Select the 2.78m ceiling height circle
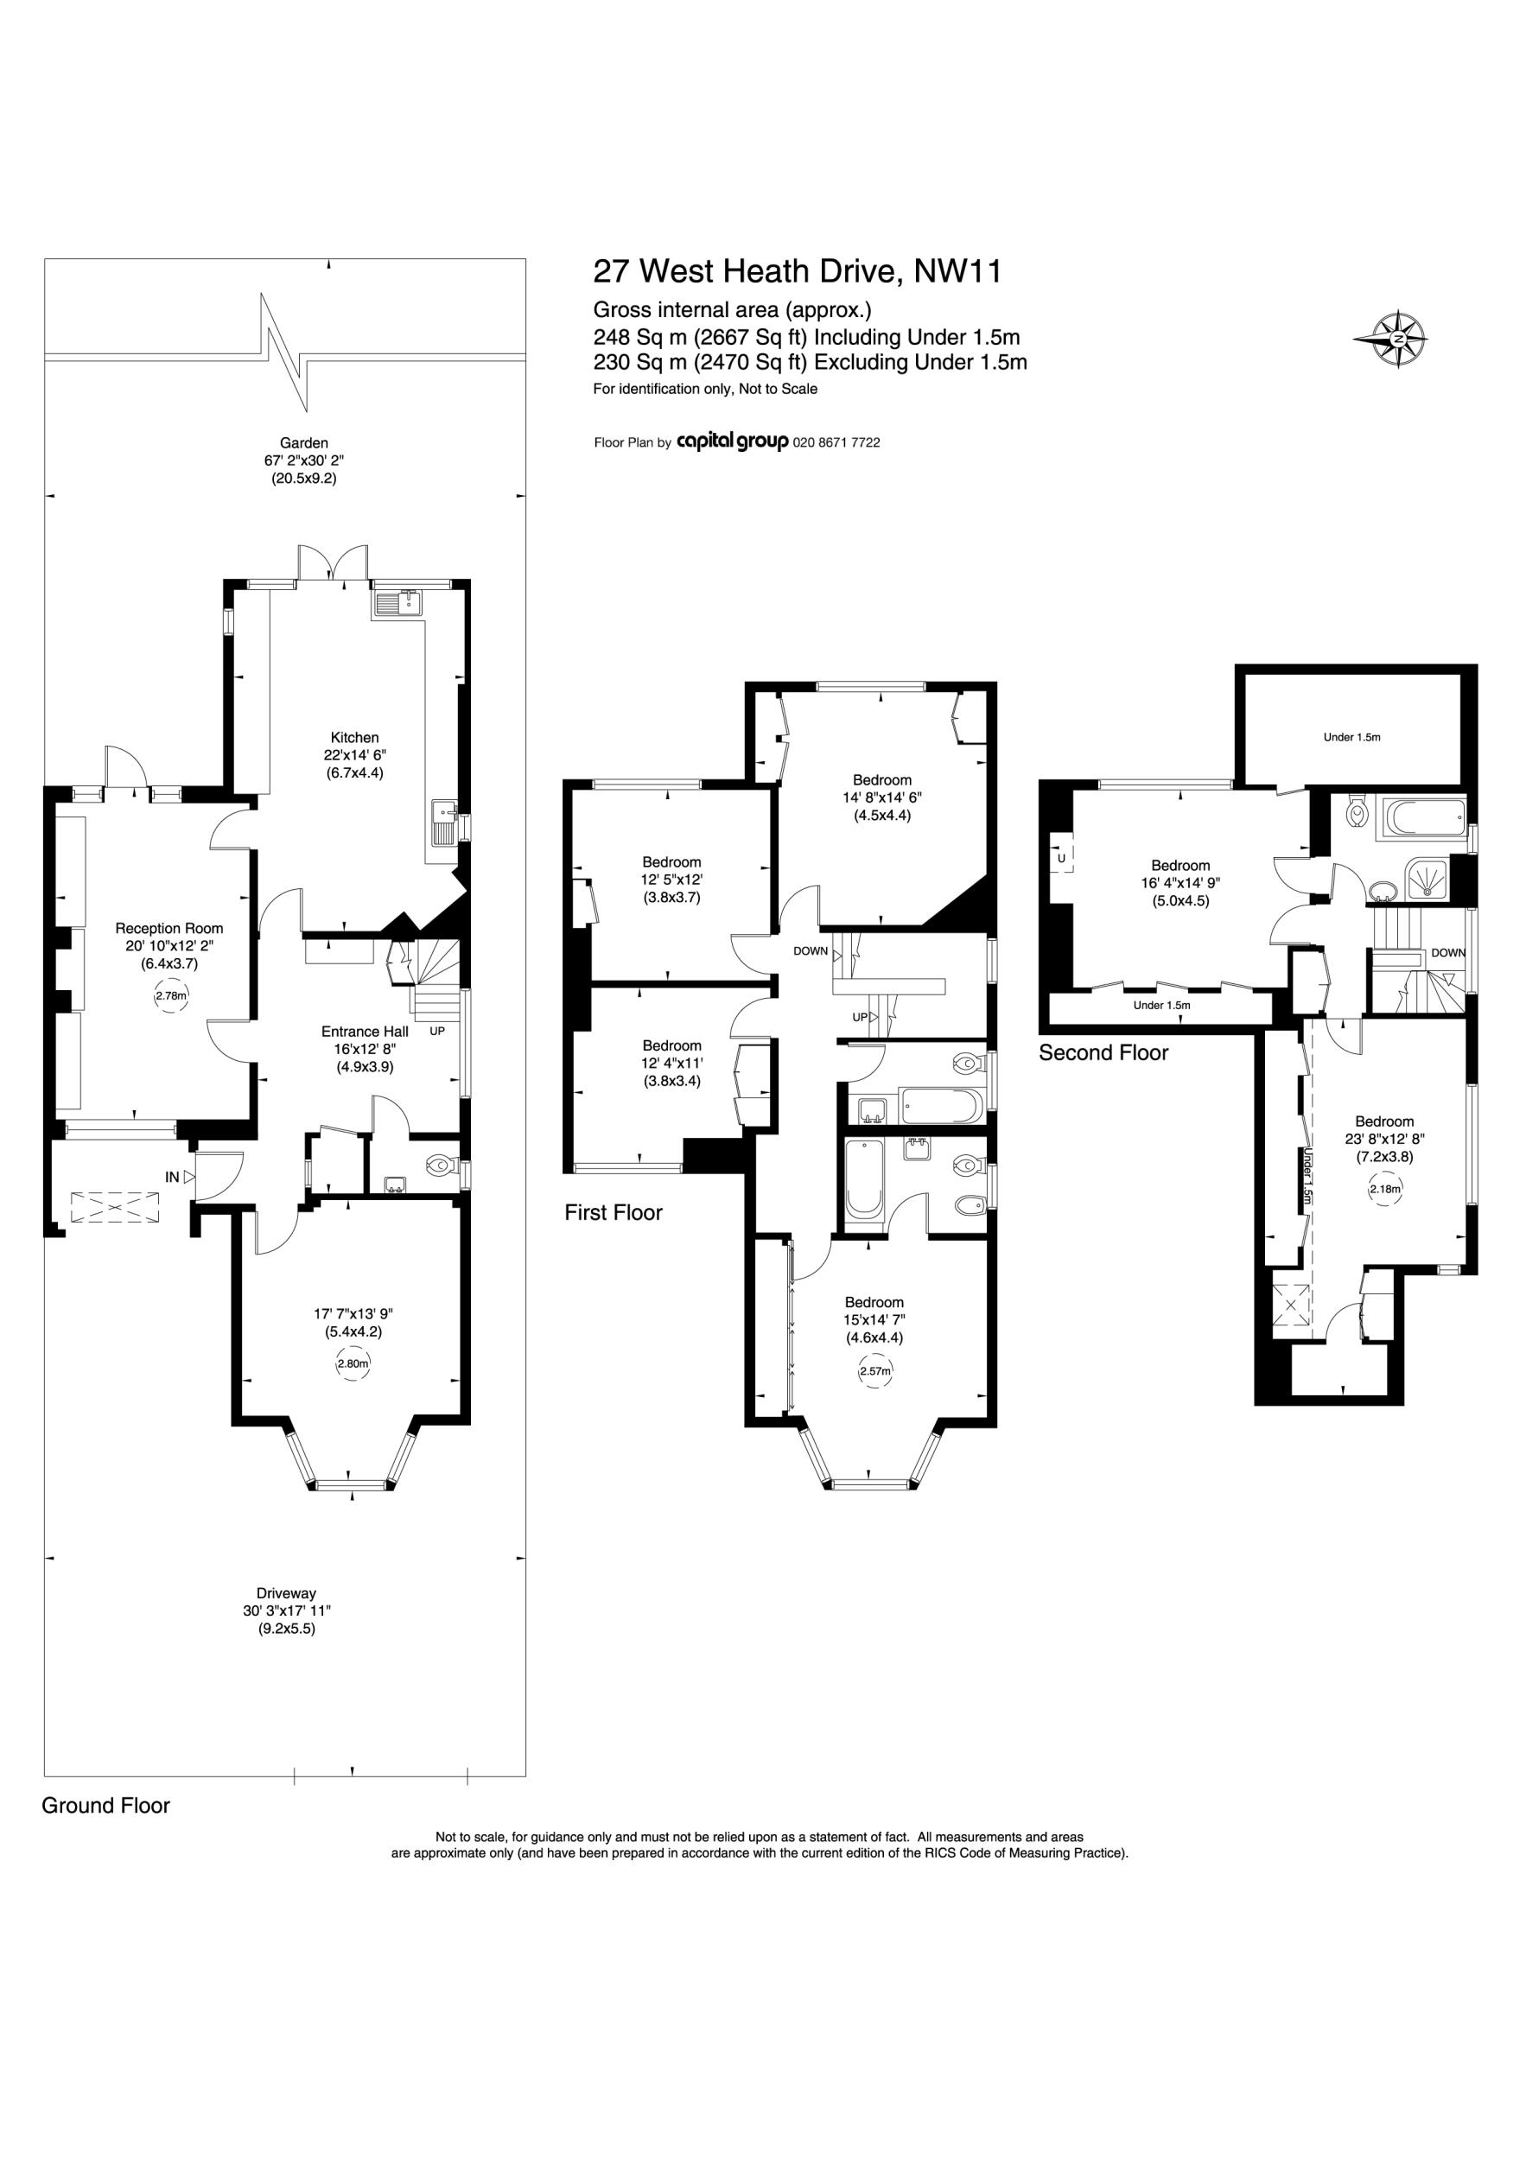point(170,995)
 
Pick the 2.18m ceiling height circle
point(1385,1189)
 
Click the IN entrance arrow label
point(173,1177)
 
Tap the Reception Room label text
point(169,929)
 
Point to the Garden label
point(304,442)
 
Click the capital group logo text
point(732,442)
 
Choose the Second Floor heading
point(1103,1052)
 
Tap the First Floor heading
point(614,1213)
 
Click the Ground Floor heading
point(105,1806)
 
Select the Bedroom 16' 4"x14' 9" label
point(1180,866)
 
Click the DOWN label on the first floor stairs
point(810,951)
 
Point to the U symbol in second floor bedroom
point(1061,858)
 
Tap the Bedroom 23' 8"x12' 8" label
point(1384,1121)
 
